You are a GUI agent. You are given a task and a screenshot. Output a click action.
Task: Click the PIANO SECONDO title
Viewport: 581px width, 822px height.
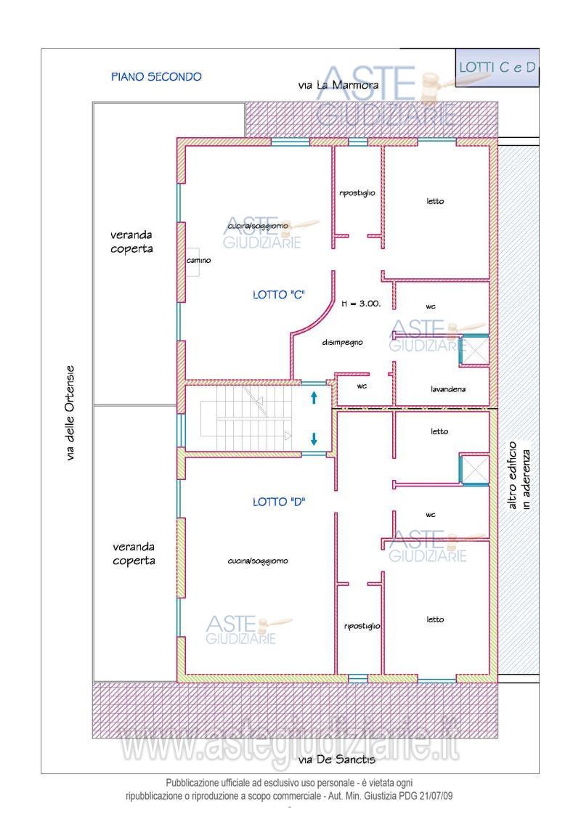click(156, 76)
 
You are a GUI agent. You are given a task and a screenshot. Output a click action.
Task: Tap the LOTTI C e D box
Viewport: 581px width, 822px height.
click(497, 68)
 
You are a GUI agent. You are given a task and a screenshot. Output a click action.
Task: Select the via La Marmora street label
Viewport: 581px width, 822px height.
click(338, 85)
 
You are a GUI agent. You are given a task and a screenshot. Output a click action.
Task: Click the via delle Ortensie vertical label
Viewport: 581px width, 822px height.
click(70, 414)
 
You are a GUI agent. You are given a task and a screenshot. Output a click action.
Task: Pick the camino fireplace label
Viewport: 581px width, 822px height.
click(199, 260)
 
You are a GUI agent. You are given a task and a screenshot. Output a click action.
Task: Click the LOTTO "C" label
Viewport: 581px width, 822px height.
click(279, 295)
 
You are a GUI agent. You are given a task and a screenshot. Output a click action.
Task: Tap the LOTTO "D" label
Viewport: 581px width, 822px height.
click(279, 502)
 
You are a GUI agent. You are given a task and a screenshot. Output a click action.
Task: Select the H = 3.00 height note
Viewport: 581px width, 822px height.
click(361, 303)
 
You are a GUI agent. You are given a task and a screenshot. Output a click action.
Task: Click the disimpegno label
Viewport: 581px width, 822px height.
click(342, 342)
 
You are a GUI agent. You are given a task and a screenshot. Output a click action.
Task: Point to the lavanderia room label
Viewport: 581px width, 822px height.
click(448, 389)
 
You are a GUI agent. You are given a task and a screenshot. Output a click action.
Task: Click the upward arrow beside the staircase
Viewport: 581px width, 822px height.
click(314, 397)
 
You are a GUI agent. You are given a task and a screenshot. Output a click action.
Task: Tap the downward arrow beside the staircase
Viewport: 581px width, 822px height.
click(314, 439)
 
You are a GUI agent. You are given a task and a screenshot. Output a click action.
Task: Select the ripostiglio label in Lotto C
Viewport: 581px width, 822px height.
click(357, 193)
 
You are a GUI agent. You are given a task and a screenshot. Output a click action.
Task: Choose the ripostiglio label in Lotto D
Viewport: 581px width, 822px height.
click(362, 626)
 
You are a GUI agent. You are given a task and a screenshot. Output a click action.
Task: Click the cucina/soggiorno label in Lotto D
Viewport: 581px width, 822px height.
click(258, 561)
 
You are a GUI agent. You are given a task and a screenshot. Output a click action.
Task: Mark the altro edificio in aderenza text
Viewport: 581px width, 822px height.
click(520, 476)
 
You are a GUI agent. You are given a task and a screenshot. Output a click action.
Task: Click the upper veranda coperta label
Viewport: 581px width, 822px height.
click(131, 242)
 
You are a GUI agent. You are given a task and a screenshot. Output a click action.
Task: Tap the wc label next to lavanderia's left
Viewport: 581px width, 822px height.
click(362, 386)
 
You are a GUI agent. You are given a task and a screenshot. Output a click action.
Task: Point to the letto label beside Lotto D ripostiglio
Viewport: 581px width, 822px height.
click(435, 619)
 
